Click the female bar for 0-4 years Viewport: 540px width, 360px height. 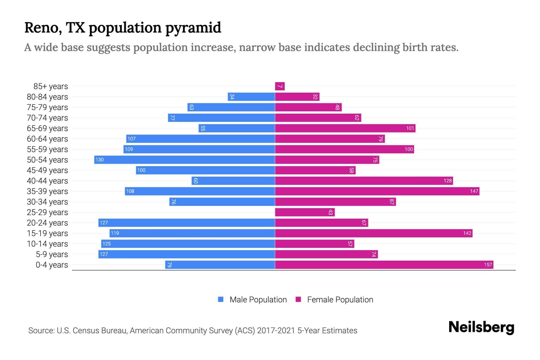384,265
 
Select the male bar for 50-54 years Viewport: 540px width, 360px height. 184,160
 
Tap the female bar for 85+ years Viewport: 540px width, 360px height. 280,86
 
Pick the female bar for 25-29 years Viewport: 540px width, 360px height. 305,212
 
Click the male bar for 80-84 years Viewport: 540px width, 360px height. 251,97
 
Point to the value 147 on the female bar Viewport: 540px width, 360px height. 474,191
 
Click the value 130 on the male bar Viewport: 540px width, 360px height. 100,160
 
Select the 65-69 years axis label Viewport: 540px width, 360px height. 47,128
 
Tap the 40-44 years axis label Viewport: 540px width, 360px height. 47,181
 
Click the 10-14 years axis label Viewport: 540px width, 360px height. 47,244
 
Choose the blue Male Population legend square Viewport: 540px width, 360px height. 221,299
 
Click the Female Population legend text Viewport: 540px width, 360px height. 340,300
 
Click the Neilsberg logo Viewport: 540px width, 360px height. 481,327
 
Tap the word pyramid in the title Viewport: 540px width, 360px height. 193,28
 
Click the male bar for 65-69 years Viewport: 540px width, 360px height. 237,128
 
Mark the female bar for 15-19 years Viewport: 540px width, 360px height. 373,233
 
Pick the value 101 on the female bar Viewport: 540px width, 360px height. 410,128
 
